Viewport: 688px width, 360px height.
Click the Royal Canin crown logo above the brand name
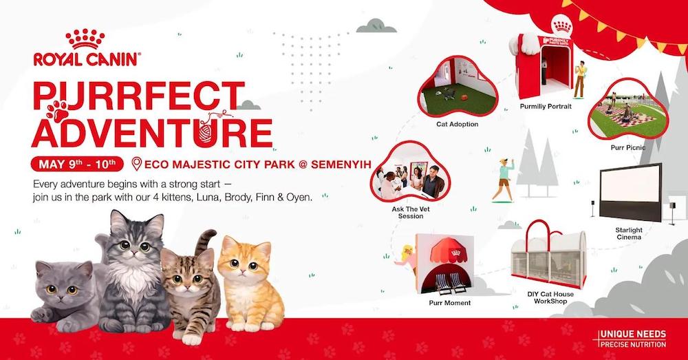[x=85, y=41]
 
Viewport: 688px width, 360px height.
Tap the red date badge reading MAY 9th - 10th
[x=76, y=165]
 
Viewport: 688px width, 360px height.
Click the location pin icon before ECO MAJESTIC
[x=136, y=165]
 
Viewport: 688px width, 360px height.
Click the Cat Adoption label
[x=457, y=125]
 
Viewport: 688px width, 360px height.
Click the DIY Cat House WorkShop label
[x=551, y=298]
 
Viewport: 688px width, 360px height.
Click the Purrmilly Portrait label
[x=546, y=107]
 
